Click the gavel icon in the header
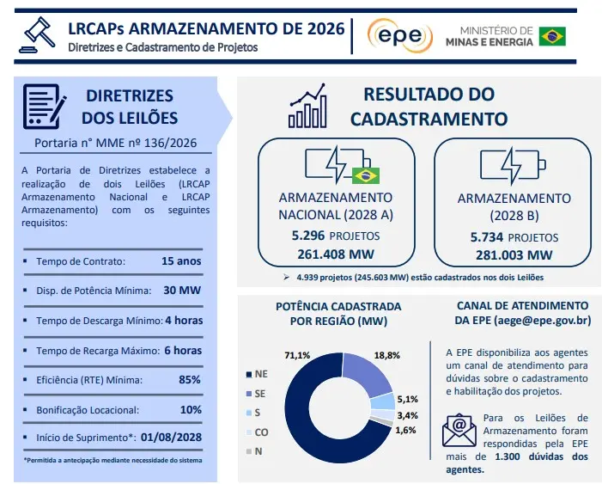click(x=37, y=34)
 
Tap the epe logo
click(x=399, y=35)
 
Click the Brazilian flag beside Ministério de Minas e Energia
click(x=552, y=36)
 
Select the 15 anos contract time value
click(x=181, y=261)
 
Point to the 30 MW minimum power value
click(x=182, y=291)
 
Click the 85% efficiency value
click(x=190, y=380)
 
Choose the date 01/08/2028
click(x=171, y=437)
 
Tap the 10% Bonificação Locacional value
click(x=191, y=410)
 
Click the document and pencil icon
click(x=44, y=107)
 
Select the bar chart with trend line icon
click(x=308, y=106)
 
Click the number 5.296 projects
click(x=308, y=236)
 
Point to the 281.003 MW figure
click(x=514, y=254)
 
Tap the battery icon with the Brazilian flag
click(x=342, y=165)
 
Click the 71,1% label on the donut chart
click(x=297, y=355)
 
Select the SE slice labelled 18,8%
click(x=367, y=375)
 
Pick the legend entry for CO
click(x=258, y=432)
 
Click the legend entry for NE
click(x=257, y=374)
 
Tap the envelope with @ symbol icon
click(x=459, y=430)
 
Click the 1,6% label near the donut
click(x=406, y=430)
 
